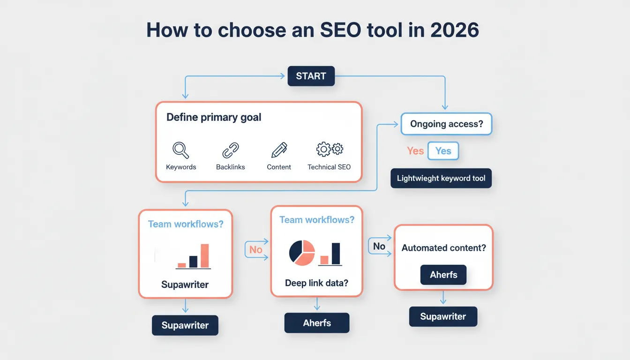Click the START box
[311, 76]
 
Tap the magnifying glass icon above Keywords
[180, 150]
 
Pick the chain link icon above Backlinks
[230, 150]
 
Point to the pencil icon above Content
[279, 150]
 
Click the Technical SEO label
[329, 167]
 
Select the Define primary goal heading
[214, 117]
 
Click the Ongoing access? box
[446, 124]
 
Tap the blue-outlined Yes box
[443, 151]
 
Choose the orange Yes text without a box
[415, 151]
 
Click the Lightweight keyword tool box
[441, 178]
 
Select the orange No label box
[255, 250]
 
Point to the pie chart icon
[302, 253]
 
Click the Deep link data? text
[316, 283]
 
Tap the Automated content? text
[443, 248]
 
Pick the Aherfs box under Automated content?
[443, 275]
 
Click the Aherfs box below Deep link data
[317, 323]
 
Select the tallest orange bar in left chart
[204, 255]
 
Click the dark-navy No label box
[379, 247]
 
